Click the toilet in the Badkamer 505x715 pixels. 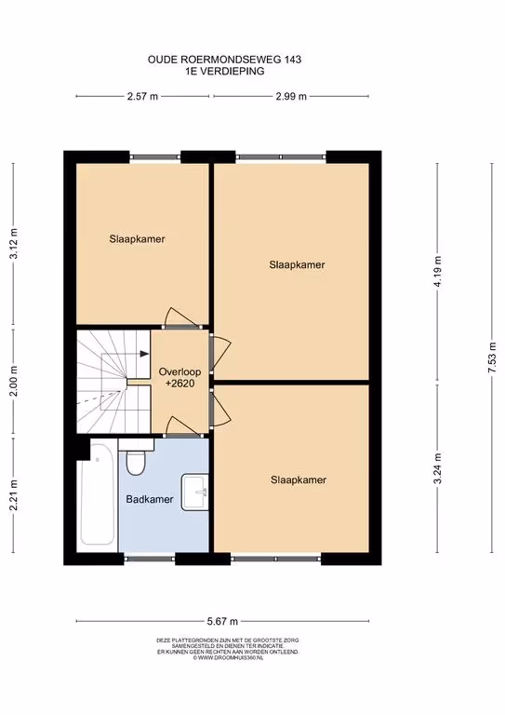point(136,457)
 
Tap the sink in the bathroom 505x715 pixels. point(195,492)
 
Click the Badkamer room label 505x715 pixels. point(150,499)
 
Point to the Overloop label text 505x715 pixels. point(179,371)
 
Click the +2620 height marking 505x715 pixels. point(180,384)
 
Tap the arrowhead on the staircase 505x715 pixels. point(144,354)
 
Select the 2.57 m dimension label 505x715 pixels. point(142,96)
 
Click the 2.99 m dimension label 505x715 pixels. point(291,96)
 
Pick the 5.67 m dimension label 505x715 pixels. point(222,621)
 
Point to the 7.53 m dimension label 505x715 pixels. point(492,357)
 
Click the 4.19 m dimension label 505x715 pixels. point(438,271)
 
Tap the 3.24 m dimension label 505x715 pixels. point(438,468)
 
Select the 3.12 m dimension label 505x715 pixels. point(14,244)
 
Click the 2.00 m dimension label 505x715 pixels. point(14,381)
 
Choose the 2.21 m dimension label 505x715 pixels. point(14,495)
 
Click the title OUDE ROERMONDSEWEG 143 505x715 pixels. point(224,60)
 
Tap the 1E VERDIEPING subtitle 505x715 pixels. point(224,71)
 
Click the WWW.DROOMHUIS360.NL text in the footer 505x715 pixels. point(228,658)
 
